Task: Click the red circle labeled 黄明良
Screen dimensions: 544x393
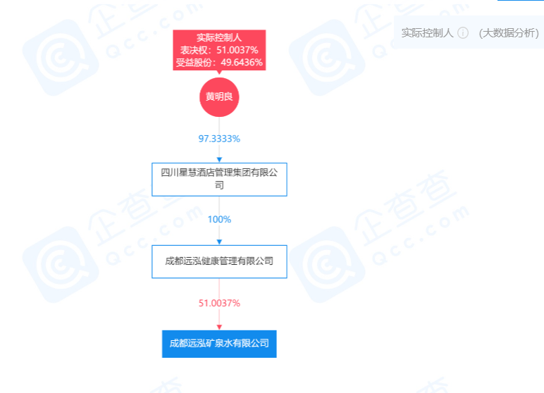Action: pyautogui.click(x=219, y=97)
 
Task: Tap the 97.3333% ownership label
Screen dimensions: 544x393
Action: pyautogui.click(x=219, y=139)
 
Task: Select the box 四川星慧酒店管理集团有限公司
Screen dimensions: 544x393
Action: pyautogui.click(x=219, y=180)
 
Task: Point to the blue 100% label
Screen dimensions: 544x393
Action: pyautogui.click(x=219, y=220)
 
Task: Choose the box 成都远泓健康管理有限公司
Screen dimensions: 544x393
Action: pyautogui.click(x=219, y=261)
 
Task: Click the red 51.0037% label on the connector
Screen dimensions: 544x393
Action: pyautogui.click(x=219, y=303)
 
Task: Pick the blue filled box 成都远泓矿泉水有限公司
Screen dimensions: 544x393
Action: pyautogui.click(x=219, y=344)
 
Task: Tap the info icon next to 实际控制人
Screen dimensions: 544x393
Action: pyautogui.click(x=463, y=33)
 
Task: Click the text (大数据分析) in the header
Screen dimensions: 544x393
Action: pyautogui.click(x=509, y=33)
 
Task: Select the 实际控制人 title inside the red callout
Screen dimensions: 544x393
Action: pyautogui.click(x=219, y=37)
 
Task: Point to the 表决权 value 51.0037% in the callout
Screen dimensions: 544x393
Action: pyautogui.click(x=237, y=50)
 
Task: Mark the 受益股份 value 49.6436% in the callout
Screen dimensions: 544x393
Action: pyautogui.click(x=242, y=63)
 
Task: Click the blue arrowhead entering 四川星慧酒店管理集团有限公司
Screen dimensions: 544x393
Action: pyautogui.click(x=219, y=160)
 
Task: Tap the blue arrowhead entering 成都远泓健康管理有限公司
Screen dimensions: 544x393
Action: pyautogui.click(x=219, y=242)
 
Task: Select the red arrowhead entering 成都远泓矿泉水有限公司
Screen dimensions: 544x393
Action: pyautogui.click(x=219, y=327)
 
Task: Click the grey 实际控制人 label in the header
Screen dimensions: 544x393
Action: pyautogui.click(x=428, y=33)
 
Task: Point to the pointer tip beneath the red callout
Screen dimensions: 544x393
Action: pyautogui.click(x=219, y=73)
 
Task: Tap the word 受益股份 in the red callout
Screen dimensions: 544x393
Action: pyautogui.click(x=194, y=63)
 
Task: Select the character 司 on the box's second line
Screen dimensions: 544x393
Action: pyautogui.click(x=219, y=185)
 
